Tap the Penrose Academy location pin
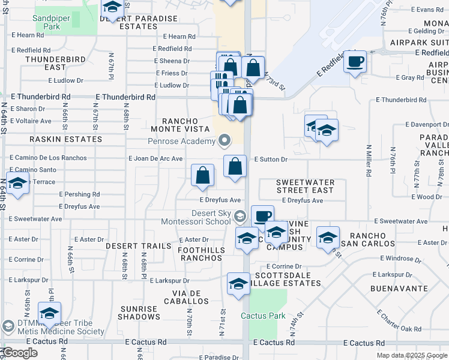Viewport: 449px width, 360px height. pos(225,141)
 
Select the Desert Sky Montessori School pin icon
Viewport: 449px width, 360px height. pos(240,216)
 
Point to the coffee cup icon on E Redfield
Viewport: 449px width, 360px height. pos(355,61)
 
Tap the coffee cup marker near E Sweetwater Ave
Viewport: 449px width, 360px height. pos(262,216)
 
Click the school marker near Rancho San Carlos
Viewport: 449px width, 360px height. pos(328,238)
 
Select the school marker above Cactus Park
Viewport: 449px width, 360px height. pos(238,284)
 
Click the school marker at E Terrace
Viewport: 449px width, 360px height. pos(17,184)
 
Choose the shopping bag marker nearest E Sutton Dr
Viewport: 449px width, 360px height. pos(235,166)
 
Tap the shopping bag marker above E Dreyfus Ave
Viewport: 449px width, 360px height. pos(203,175)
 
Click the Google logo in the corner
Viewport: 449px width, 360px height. pos(19,353)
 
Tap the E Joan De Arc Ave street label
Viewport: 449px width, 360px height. pos(155,158)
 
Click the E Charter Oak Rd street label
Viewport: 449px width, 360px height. pos(399,321)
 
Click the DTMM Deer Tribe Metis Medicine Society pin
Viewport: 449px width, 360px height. pos(8,326)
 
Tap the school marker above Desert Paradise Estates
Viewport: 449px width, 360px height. pos(112,7)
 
